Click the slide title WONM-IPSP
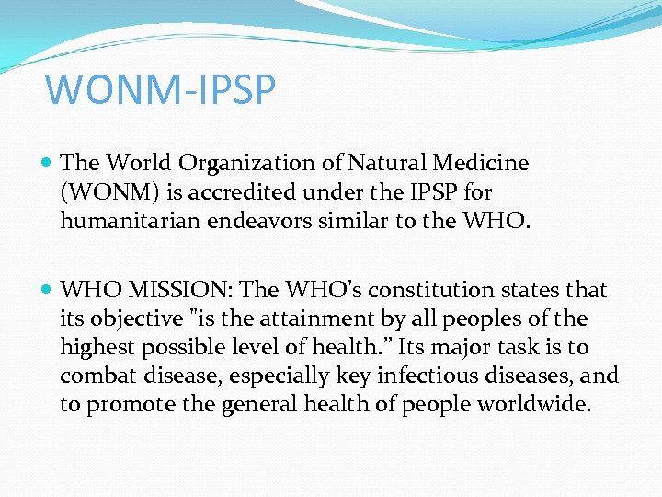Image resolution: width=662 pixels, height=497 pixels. (x=160, y=90)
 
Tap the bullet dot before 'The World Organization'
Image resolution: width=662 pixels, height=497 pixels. (x=47, y=164)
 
